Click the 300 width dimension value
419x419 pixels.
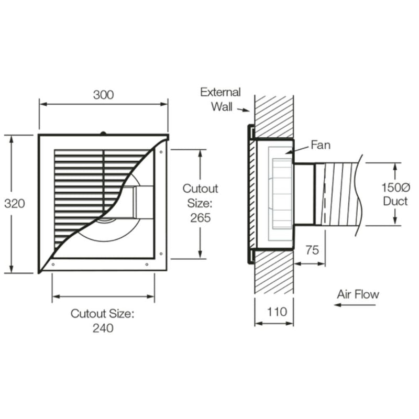pyautogui.click(x=104, y=95)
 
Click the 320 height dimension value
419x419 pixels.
pyautogui.click(x=15, y=204)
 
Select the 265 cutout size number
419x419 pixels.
pyautogui.click(x=200, y=217)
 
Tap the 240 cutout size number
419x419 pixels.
pyautogui.click(x=103, y=328)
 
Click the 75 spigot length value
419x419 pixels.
pyautogui.click(x=312, y=250)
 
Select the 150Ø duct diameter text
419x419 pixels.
pyautogui.click(x=394, y=187)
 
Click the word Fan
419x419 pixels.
pyautogui.click(x=321, y=145)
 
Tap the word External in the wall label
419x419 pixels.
pyautogui.click(x=220, y=93)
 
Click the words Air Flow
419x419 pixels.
pyautogui.click(x=358, y=294)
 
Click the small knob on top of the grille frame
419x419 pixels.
pyautogui.click(x=103, y=133)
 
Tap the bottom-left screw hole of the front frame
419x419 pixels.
pyautogui.click(x=53, y=264)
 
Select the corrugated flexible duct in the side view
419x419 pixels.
pyautogui.click(x=340, y=194)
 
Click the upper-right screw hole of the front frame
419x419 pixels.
pyautogui.click(x=161, y=151)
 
